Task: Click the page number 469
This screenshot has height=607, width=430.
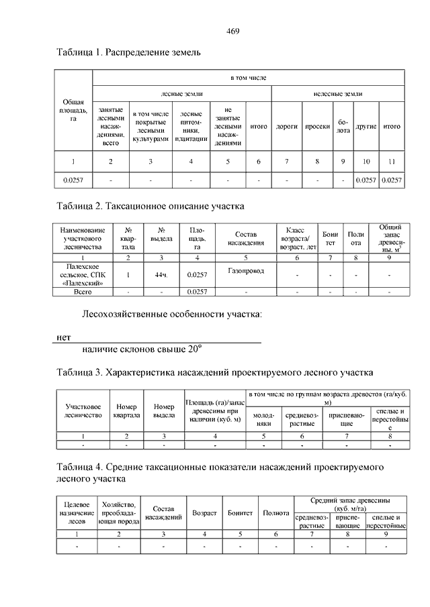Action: click(233, 31)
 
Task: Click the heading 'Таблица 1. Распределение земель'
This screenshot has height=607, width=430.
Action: click(129, 52)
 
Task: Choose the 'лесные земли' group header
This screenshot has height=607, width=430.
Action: click(182, 94)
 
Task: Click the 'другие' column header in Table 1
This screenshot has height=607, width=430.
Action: click(366, 126)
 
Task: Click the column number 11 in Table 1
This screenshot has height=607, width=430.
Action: click(392, 162)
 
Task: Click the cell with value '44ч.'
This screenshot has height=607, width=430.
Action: click(161, 274)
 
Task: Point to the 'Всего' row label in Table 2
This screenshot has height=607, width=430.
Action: click(82, 292)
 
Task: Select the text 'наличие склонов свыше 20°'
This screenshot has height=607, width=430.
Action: click(142, 349)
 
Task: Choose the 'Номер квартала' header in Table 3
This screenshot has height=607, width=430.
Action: click(126, 410)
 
